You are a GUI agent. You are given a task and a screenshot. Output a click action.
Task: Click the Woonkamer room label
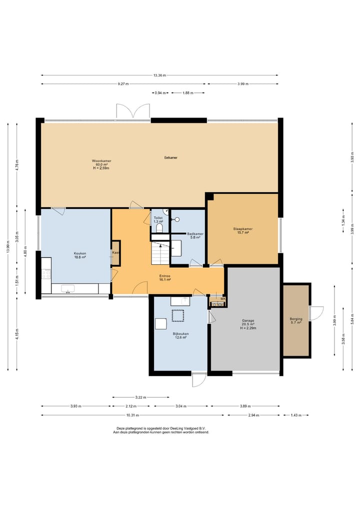tap(101, 164)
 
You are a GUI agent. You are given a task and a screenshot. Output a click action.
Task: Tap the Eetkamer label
tap(171, 158)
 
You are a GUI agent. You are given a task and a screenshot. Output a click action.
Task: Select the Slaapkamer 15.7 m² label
tap(243, 231)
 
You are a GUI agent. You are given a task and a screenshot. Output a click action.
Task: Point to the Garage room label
tap(248, 324)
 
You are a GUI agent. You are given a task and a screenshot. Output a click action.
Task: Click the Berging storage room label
tap(296, 321)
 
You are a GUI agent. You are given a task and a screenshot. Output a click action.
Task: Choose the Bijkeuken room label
tap(180, 336)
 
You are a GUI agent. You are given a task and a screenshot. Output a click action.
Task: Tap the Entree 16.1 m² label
tap(165, 278)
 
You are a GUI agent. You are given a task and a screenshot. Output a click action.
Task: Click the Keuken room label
tap(80, 255)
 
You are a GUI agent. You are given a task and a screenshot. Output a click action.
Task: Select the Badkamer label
tap(195, 236)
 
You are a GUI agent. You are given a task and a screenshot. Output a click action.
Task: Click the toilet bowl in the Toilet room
tap(159, 228)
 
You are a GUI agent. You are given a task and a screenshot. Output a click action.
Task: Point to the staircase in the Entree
tap(160, 252)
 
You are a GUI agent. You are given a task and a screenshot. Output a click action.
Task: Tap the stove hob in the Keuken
tap(46, 274)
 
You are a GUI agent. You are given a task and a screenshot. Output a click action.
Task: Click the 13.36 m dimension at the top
tap(159, 75)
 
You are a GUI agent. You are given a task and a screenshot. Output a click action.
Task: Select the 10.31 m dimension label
tap(132, 415)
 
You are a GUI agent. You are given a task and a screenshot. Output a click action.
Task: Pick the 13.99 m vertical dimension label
tap(8, 247)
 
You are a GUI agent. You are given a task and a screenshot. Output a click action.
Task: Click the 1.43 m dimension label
tap(296, 415)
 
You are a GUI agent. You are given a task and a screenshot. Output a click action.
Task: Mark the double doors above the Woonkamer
tap(133, 111)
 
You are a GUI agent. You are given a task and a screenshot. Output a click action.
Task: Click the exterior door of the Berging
tap(316, 313)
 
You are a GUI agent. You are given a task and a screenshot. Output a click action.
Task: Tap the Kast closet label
tap(116, 253)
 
